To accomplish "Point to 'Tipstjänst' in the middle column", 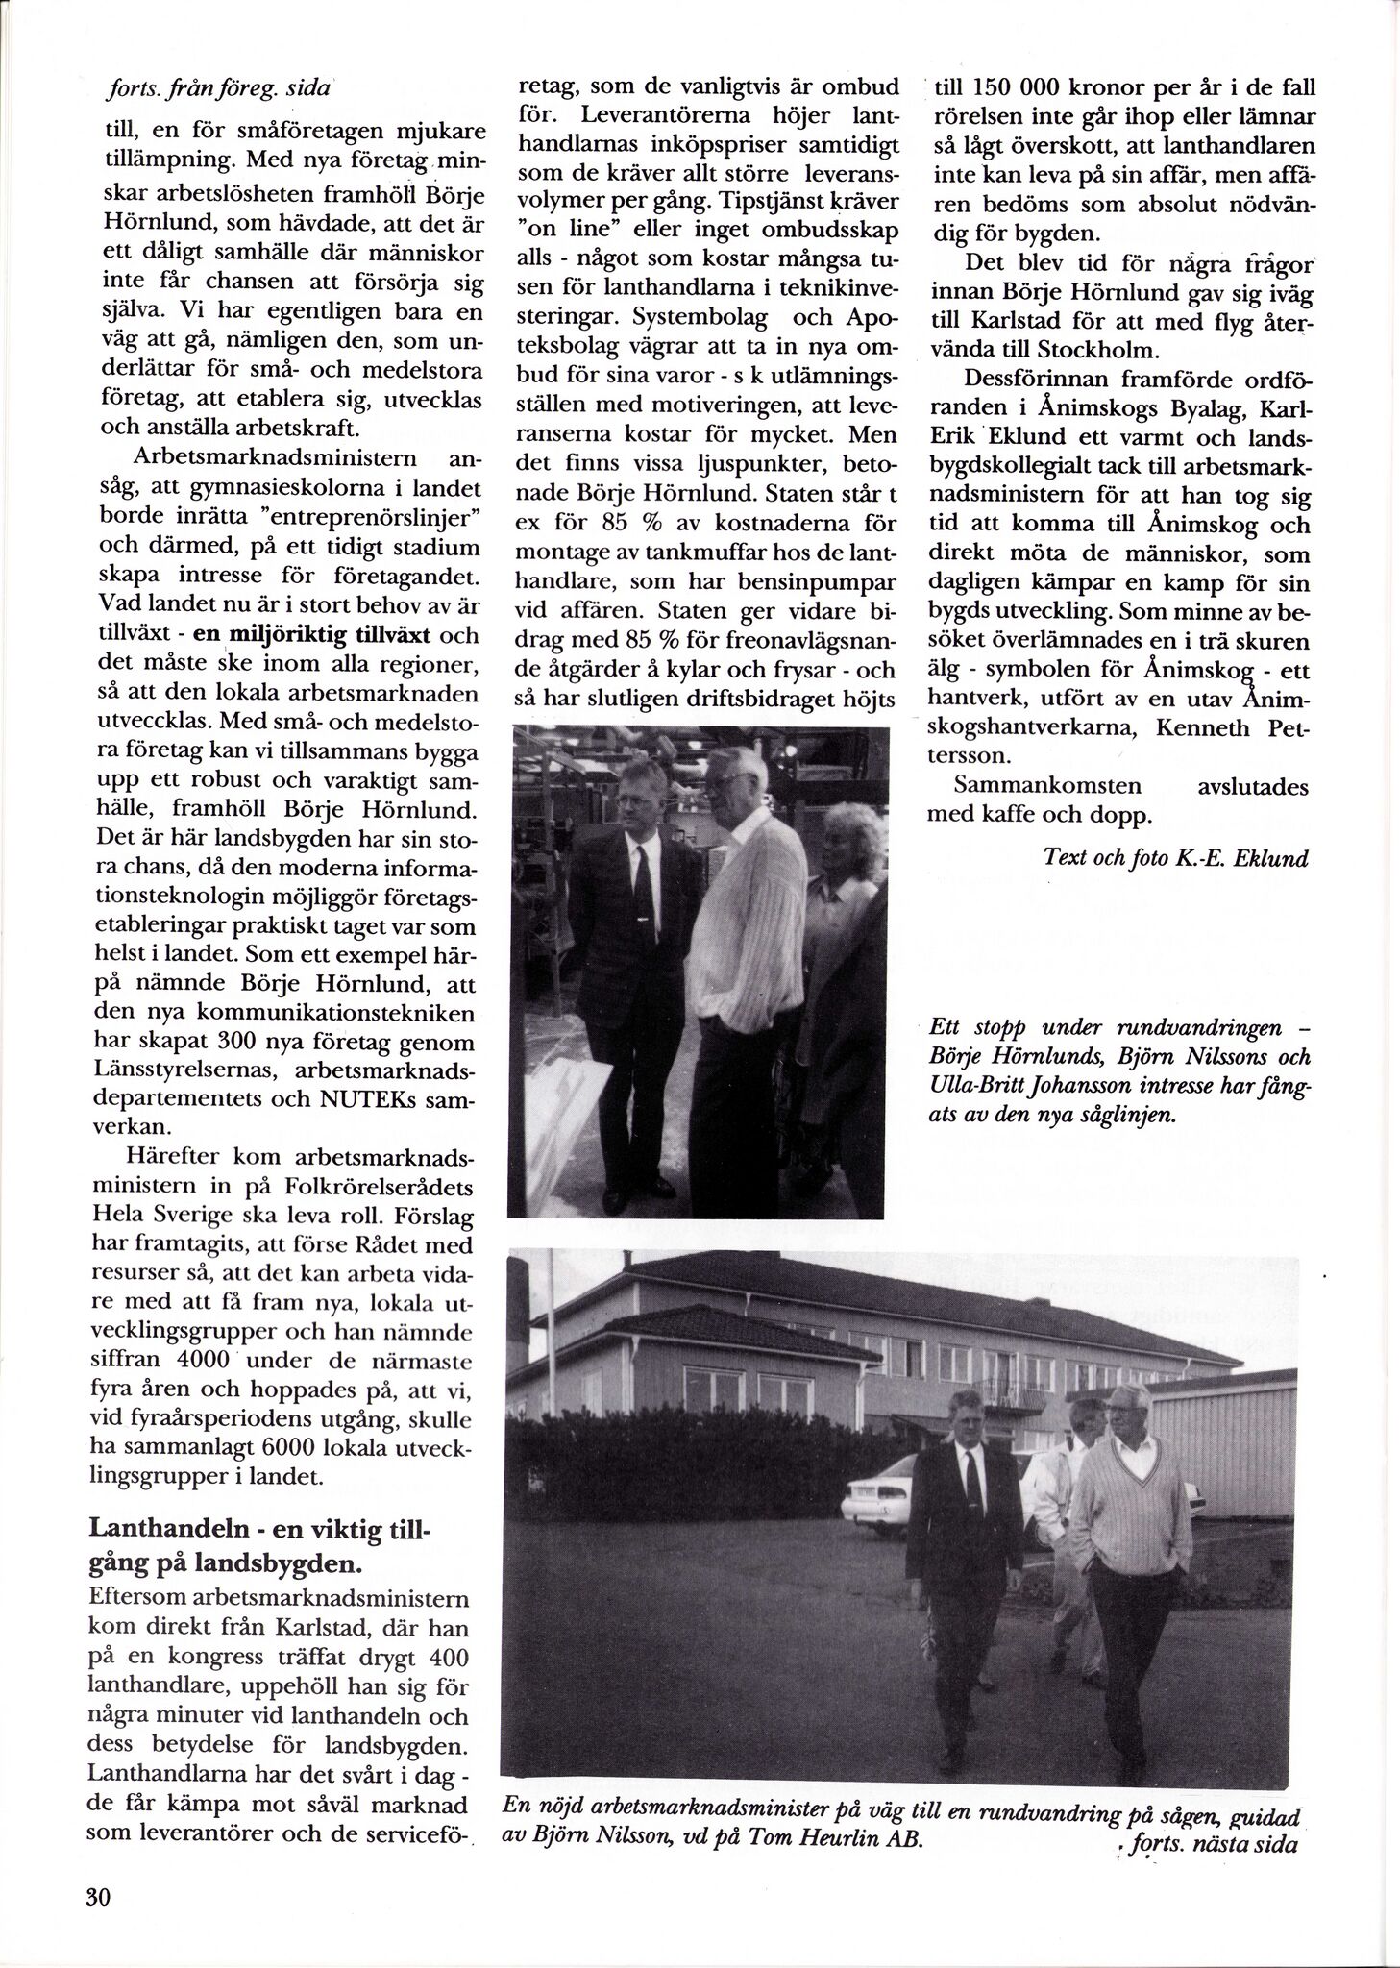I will pos(779,208).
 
